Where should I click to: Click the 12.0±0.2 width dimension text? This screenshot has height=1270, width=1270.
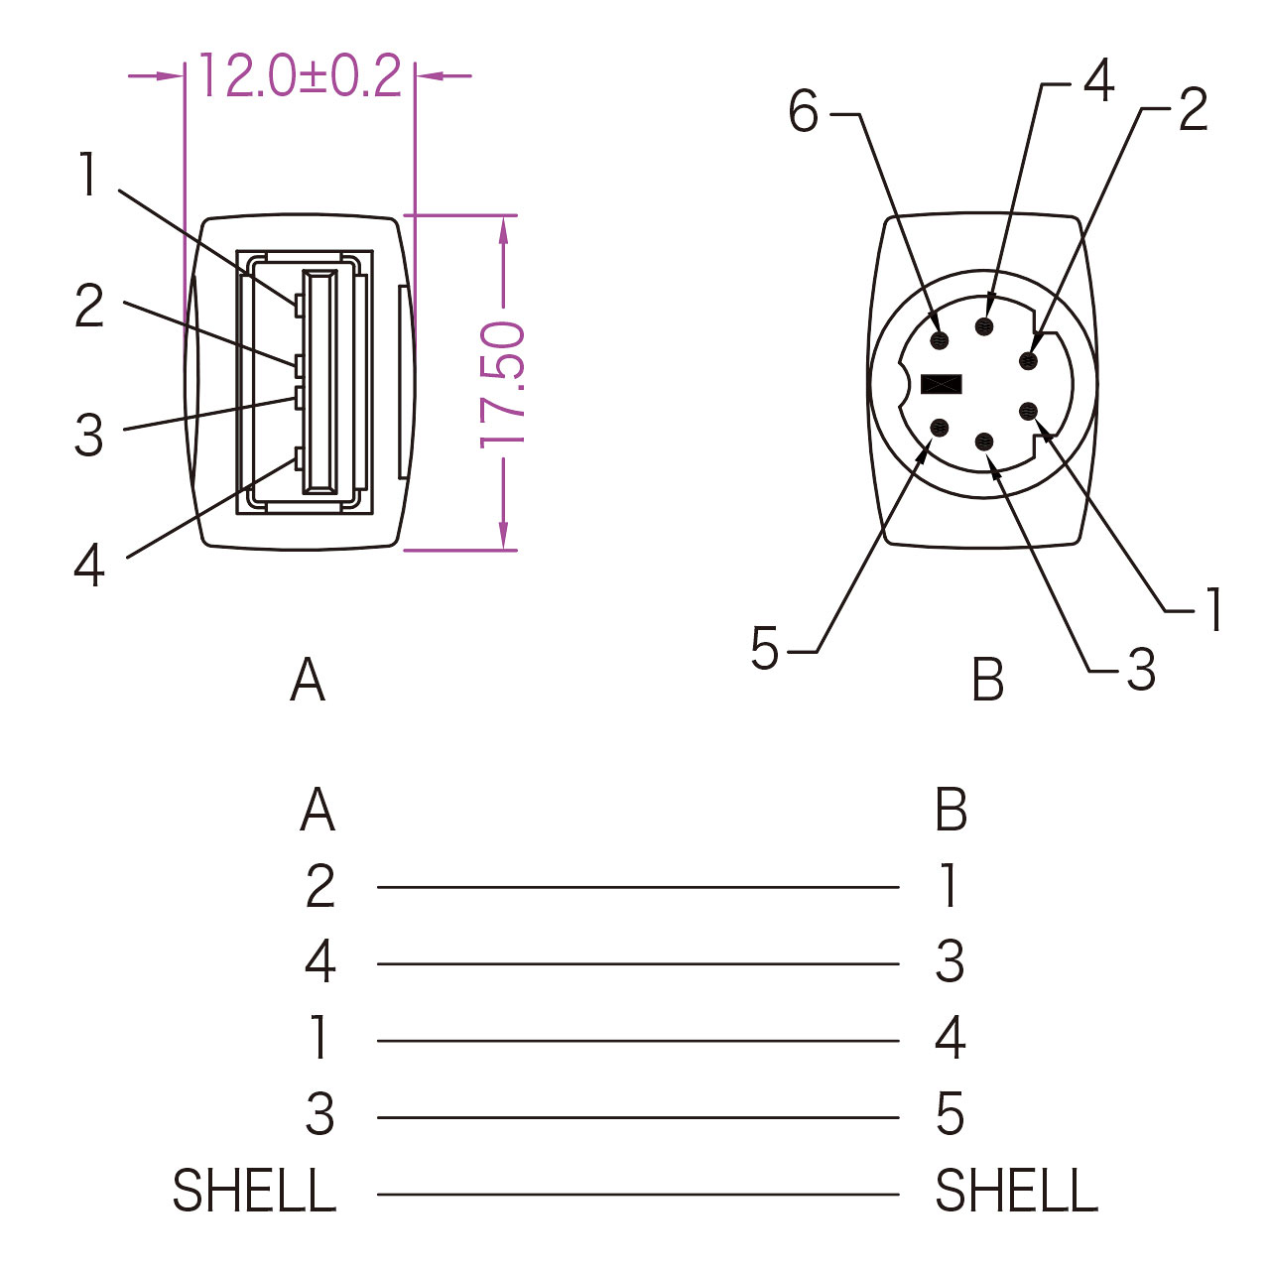pyautogui.click(x=300, y=75)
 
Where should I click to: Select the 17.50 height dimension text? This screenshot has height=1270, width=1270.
pyautogui.click(x=502, y=385)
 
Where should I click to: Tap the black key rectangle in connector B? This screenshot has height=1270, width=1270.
pyautogui.click(x=941, y=384)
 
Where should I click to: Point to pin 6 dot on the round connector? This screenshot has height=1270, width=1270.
pyautogui.click(x=940, y=340)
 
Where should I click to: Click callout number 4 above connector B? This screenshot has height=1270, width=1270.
pyautogui.click(x=1098, y=80)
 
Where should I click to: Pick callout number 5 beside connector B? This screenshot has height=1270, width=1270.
pyautogui.click(x=765, y=649)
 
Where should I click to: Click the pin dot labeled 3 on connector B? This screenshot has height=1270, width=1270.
pyautogui.click(x=985, y=443)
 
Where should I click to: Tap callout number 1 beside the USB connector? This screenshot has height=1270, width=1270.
pyautogui.click(x=88, y=174)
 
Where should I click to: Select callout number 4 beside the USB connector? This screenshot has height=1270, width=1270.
pyautogui.click(x=89, y=565)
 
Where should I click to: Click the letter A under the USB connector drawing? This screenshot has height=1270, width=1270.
pyautogui.click(x=308, y=680)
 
